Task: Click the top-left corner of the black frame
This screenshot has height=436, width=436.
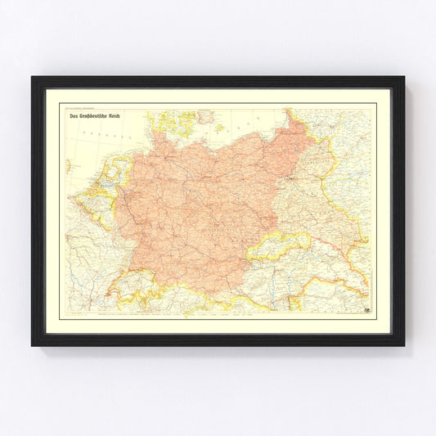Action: click(x=34, y=79)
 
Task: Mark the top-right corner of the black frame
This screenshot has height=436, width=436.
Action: click(x=402, y=79)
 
